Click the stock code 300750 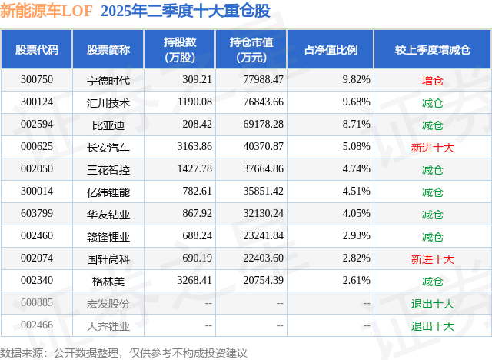click(x=37, y=80)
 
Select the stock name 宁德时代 click(x=108, y=80)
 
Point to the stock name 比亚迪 click(x=108, y=125)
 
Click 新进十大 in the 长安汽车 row click(x=433, y=147)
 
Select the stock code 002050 click(x=37, y=169)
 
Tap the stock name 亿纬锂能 click(x=108, y=192)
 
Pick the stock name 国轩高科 click(x=108, y=258)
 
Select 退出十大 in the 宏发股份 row click(x=433, y=303)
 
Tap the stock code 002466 click(x=37, y=325)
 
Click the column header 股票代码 click(x=37, y=50)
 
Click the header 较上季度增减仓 click(x=433, y=50)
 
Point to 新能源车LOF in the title click(x=46, y=12)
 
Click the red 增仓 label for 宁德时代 click(x=433, y=80)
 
